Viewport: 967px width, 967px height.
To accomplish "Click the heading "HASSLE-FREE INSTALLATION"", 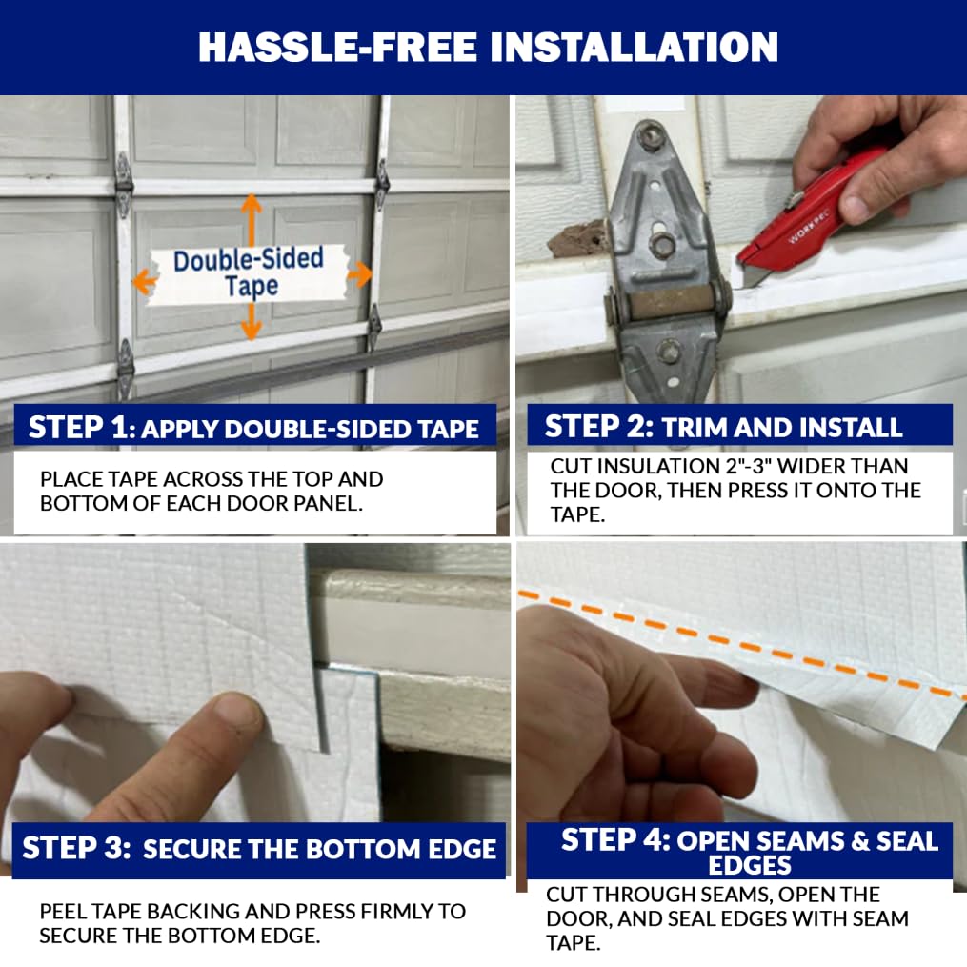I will pos(488,47).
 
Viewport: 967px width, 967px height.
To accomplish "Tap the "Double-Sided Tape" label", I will pos(250,272).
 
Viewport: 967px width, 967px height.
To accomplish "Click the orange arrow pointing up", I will pos(252,215).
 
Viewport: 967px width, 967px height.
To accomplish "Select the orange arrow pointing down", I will pos(252,324).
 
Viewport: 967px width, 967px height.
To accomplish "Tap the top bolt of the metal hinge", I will pos(652,134).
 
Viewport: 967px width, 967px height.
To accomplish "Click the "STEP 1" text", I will pos(81,428).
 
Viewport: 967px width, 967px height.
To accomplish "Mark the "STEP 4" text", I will pos(614,839).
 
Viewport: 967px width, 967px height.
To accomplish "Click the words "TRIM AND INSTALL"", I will pos(781,427).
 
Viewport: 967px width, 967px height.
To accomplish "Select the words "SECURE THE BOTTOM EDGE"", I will pos(319,849).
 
